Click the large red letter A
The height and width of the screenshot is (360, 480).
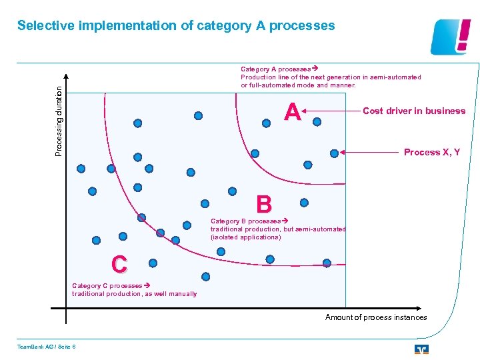click(x=292, y=112)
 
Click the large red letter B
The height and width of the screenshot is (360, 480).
click(x=263, y=205)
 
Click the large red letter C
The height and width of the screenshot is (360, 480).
click(x=119, y=265)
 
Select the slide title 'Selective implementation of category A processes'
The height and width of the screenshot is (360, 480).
click(x=176, y=26)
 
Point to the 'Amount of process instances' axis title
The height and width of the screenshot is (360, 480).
click(x=376, y=317)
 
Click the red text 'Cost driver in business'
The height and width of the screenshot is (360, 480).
click(x=414, y=111)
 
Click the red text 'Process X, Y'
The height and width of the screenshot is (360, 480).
click(x=432, y=152)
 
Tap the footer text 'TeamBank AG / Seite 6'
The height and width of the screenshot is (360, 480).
click(x=47, y=345)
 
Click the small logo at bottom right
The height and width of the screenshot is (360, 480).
click(x=421, y=349)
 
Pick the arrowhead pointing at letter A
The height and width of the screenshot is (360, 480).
click(x=309, y=111)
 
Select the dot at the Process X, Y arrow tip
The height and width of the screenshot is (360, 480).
click(x=334, y=153)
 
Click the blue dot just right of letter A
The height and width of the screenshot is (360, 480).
click(x=317, y=121)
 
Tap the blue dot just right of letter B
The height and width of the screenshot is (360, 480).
click(x=304, y=202)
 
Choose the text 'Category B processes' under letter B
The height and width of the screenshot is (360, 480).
click(x=245, y=221)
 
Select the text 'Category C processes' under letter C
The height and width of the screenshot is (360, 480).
click(x=106, y=285)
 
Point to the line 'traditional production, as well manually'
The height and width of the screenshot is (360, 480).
click(x=135, y=294)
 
